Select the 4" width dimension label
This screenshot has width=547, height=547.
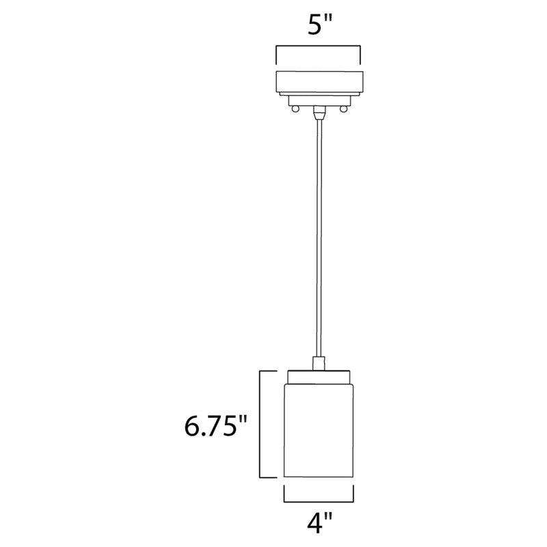tap(319, 526)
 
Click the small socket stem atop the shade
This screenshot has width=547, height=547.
tap(319, 362)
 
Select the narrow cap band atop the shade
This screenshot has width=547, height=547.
tap(319, 375)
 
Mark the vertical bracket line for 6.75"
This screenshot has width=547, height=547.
tap(260, 424)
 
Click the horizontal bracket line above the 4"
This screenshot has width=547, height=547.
tap(319, 499)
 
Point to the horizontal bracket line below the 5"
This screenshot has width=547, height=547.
tap(319, 46)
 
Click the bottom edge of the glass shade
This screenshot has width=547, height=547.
tap(319, 479)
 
